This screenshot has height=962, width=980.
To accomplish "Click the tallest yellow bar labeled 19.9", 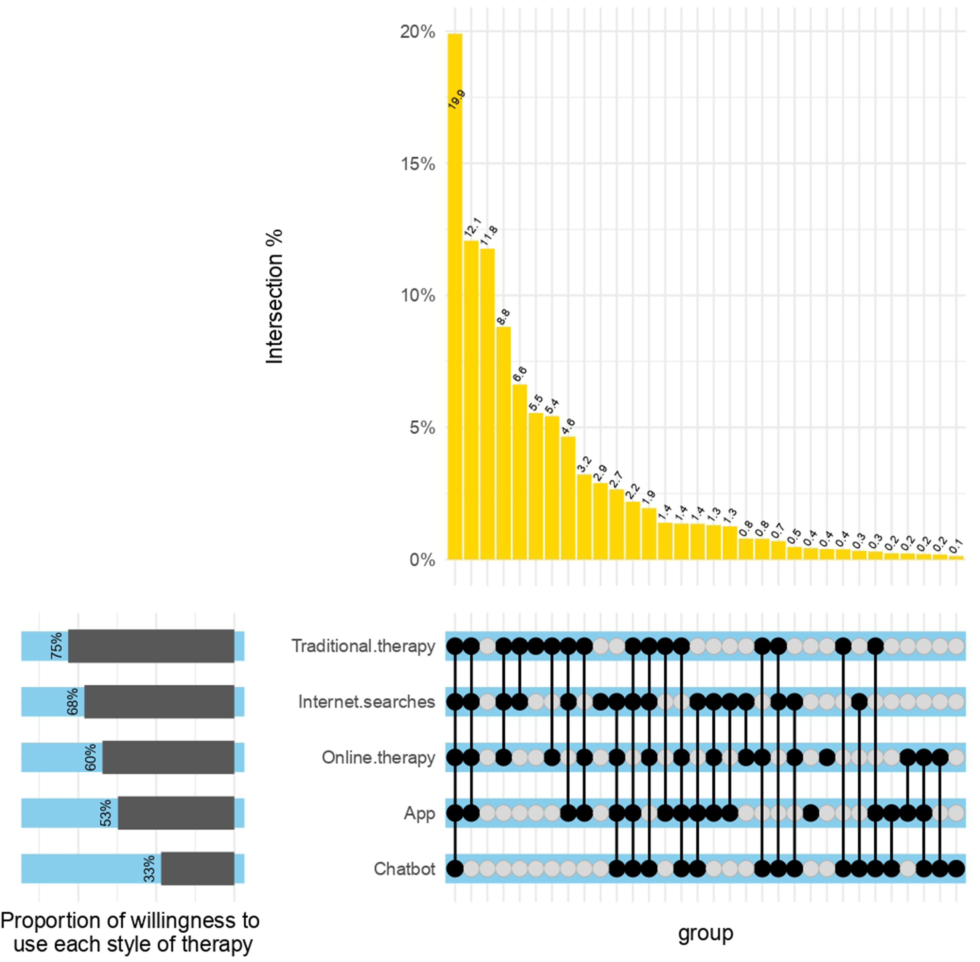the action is (x=455, y=297).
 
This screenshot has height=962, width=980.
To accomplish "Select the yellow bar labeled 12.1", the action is (x=471, y=400).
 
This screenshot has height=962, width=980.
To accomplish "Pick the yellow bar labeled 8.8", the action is (x=503, y=443).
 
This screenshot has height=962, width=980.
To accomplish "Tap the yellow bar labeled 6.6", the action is (x=519, y=472).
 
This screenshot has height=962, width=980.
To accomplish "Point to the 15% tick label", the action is (x=418, y=164).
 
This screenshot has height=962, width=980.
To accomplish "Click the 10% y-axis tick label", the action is (x=418, y=296).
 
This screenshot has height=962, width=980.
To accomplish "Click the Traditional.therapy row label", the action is (x=363, y=646).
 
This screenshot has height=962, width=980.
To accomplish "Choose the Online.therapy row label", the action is (x=378, y=757).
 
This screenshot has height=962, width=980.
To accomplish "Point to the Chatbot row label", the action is (x=404, y=869).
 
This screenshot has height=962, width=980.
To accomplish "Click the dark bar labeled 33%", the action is (x=198, y=869).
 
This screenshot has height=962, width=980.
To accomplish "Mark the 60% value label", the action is (x=91, y=757).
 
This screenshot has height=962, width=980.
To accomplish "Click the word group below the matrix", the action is (x=705, y=933).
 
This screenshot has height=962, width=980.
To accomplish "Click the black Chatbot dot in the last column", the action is (x=956, y=869).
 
